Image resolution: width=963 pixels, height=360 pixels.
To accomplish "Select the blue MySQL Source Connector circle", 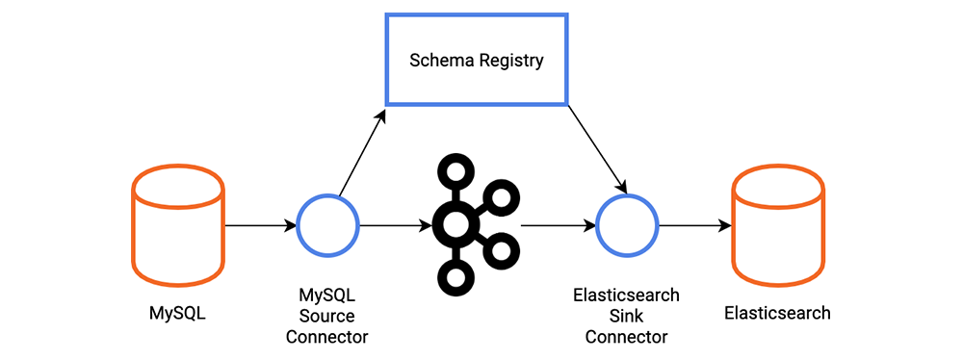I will [x=327, y=225].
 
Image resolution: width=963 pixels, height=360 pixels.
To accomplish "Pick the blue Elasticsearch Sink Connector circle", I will [x=627, y=225].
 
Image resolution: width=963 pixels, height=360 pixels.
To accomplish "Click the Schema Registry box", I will [x=476, y=60].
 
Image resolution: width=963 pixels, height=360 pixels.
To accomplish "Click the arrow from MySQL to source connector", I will [x=260, y=226].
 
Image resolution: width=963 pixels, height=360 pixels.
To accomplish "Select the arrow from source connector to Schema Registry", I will [x=362, y=154].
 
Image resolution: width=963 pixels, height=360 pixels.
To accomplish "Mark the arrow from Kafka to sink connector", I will [x=557, y=226].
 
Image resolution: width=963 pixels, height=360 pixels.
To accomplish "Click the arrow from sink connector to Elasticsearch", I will [x=693, y=226].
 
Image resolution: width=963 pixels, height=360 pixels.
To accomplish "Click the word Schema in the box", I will [x=439, y=61].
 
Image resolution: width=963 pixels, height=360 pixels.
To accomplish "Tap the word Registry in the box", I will [x=510, y=62].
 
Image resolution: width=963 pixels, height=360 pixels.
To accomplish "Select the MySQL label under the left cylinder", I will [x=177, y=313].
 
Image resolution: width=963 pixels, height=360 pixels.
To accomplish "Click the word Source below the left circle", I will [x=326, y=316].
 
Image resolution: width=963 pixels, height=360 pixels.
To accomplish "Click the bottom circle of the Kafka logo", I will [x=455, y=277].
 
